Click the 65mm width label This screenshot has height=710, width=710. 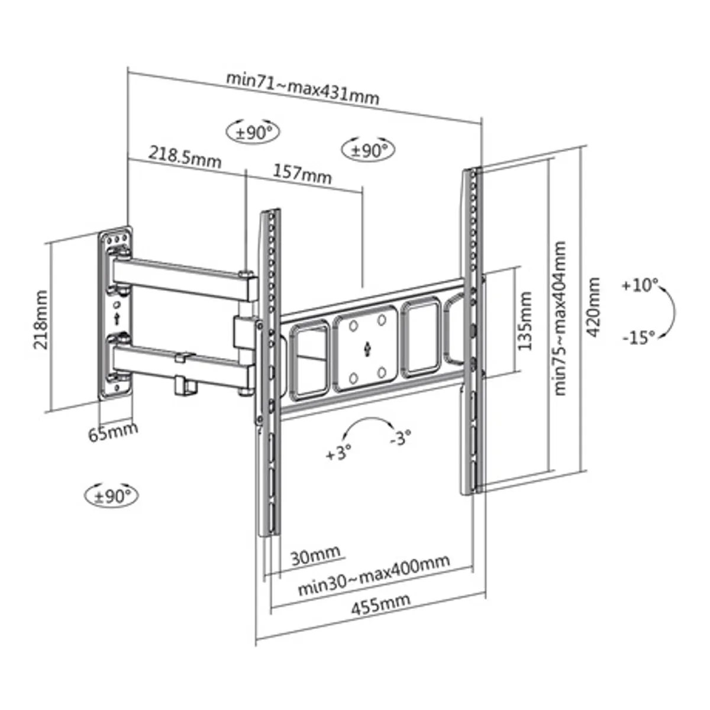click(113, 431)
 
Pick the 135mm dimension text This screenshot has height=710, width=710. click(524, 321)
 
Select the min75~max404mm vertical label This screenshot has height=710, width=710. click(559, 318)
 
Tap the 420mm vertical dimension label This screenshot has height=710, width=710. click(593, 307)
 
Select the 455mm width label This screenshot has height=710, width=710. click(380, 612)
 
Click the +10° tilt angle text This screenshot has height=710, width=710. click(640, 285)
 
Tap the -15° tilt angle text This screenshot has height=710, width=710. click(640, 337)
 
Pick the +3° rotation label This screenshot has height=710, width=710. click(338, 452)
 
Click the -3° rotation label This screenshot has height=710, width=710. click(401, 438)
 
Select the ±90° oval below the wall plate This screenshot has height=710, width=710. click(112, 496)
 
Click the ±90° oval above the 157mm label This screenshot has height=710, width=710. click(368, 150)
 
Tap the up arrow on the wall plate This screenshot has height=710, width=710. click(117, 319)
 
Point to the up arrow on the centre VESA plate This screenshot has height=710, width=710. click(367, 349)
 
